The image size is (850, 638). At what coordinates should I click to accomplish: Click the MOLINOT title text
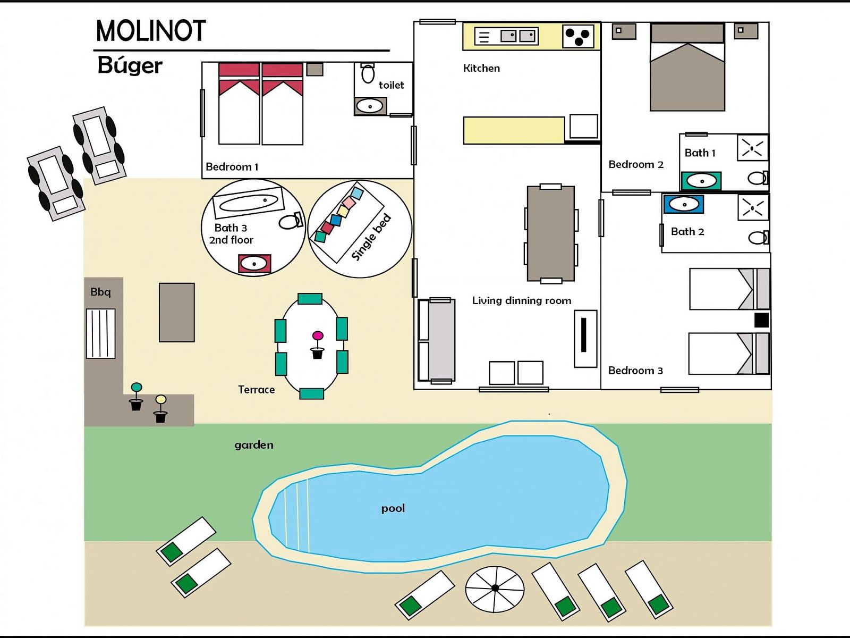tap(151, 31)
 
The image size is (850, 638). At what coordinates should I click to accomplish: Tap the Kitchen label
tap(481, 68)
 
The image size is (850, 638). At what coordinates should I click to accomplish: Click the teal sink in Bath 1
tap(701, 181)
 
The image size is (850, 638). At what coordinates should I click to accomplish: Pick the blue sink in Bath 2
tap(684, 204)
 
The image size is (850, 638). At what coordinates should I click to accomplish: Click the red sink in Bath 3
tap(254, 264)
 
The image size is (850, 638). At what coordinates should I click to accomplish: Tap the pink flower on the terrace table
tap(318, 335)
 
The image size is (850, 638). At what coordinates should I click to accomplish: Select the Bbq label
tap(100, 292)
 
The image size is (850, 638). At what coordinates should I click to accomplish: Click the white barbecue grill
tap(101, 333)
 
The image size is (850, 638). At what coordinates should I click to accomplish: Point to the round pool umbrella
tap(495, 589)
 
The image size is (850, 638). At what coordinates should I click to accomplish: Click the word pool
tap(393, 508)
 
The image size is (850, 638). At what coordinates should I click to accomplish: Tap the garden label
tap(254, 445)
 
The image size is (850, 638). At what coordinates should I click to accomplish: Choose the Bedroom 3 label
tap(635, 371)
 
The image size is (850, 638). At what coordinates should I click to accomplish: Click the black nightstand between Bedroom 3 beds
tap(761, 321)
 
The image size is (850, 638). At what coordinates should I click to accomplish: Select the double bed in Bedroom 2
tap(687, 67)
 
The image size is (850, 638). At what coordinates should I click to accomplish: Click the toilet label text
tap(391, 85)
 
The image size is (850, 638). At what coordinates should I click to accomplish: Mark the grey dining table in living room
tap(551, 233)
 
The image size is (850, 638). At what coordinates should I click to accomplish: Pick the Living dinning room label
tap(522, 300)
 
